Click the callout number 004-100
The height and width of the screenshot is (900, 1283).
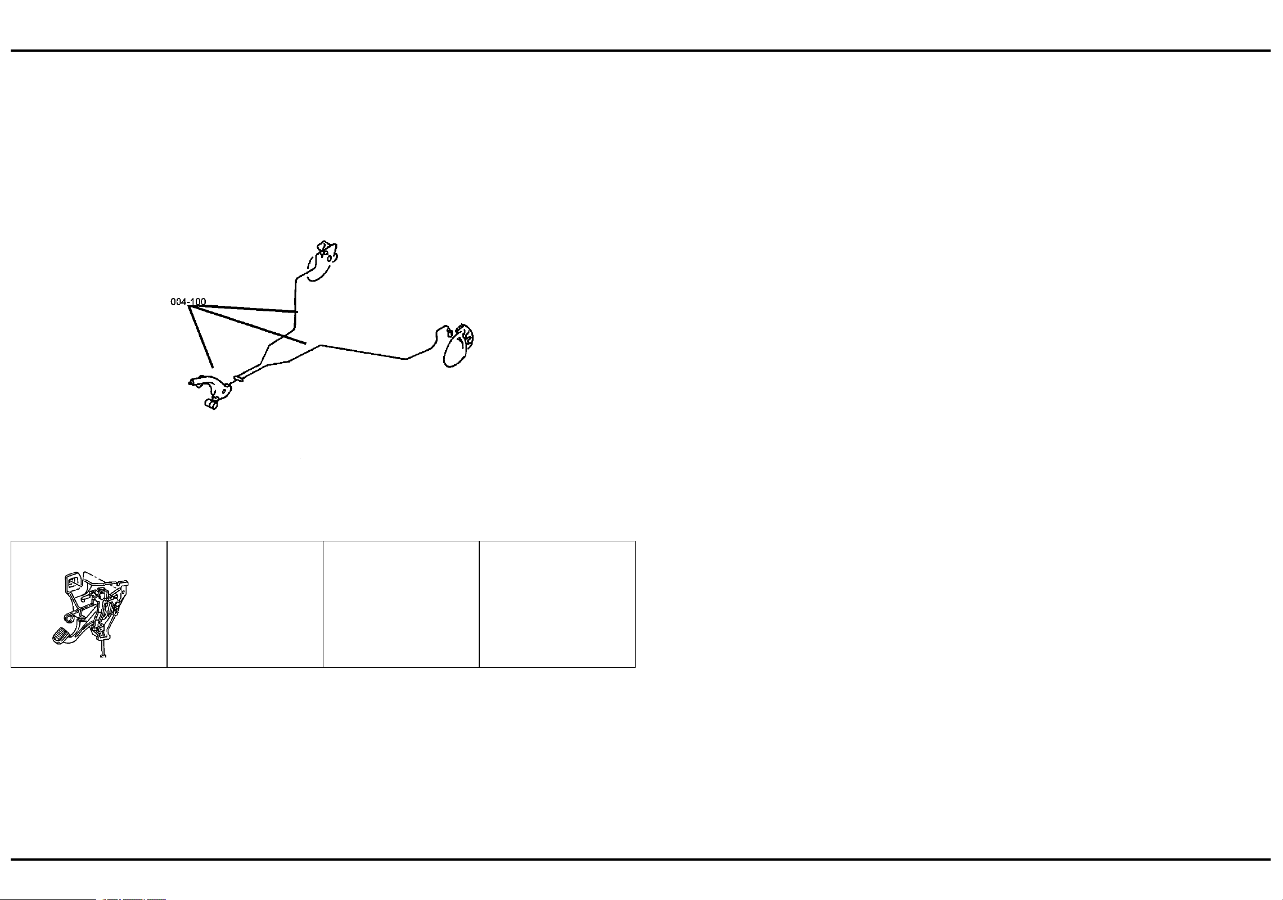pos(188,302)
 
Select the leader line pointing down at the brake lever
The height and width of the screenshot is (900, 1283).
pos(202,338)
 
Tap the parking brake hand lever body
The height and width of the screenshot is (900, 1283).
pos(217,386)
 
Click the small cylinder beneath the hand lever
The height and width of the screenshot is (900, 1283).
pos(211,403)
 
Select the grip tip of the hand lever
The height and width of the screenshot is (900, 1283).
pos(192,382)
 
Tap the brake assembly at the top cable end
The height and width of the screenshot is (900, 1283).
pos(323,260)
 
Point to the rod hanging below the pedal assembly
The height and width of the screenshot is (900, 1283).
pos(103,650)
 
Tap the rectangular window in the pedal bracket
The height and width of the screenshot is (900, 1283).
pos(72,581)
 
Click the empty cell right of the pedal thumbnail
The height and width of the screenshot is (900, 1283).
pos(245,604)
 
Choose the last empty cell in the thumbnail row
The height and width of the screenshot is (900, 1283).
pos(557,604)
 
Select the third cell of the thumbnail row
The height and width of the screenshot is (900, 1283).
pos(401,604)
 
